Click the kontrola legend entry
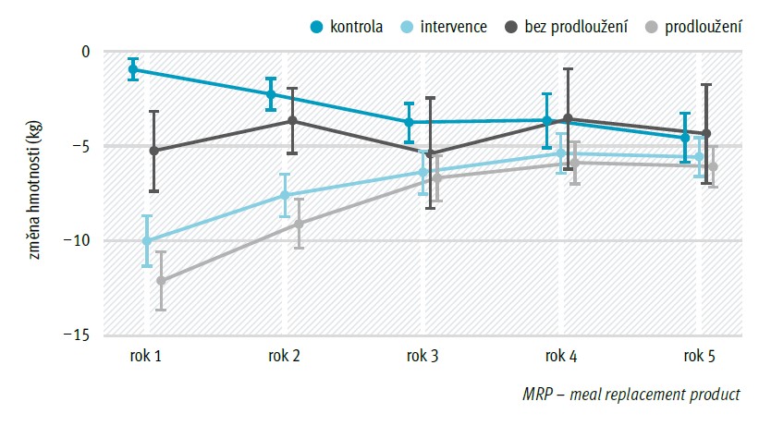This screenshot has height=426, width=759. pyautogui.click(x=347, y=27)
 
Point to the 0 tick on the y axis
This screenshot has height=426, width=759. pyautogui.click(x=86, y=51)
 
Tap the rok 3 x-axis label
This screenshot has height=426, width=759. pyautogui.click(x=422, y=357)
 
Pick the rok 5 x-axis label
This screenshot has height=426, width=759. pyautogui.click(x=699, y=357)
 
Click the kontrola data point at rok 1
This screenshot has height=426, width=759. pyautogui.click(x=133, y=69)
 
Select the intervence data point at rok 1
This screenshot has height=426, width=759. pyautogui.click(x=147, y=241)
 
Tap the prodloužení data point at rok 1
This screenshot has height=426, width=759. pyautogui.click(x=161, y=281)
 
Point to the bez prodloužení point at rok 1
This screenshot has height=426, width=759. pyautogui.click(x=154, y=151)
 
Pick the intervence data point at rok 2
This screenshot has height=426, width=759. pyautogui.click(x=285, y=195)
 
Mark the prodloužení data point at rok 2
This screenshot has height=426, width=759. pyautogui.click(x=299, y=224)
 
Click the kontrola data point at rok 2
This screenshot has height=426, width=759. pyautogui.click(x=271, y=94)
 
